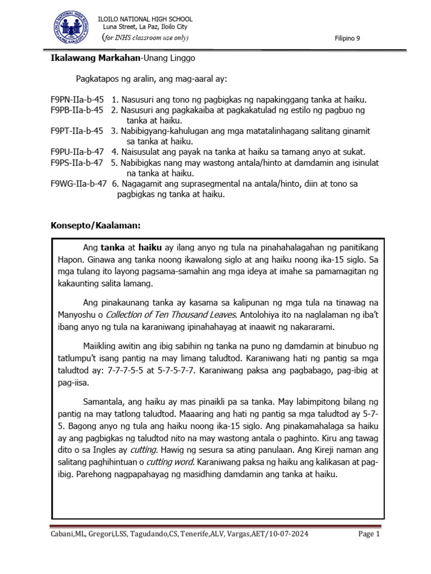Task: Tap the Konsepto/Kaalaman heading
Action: (x=95, y=226)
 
